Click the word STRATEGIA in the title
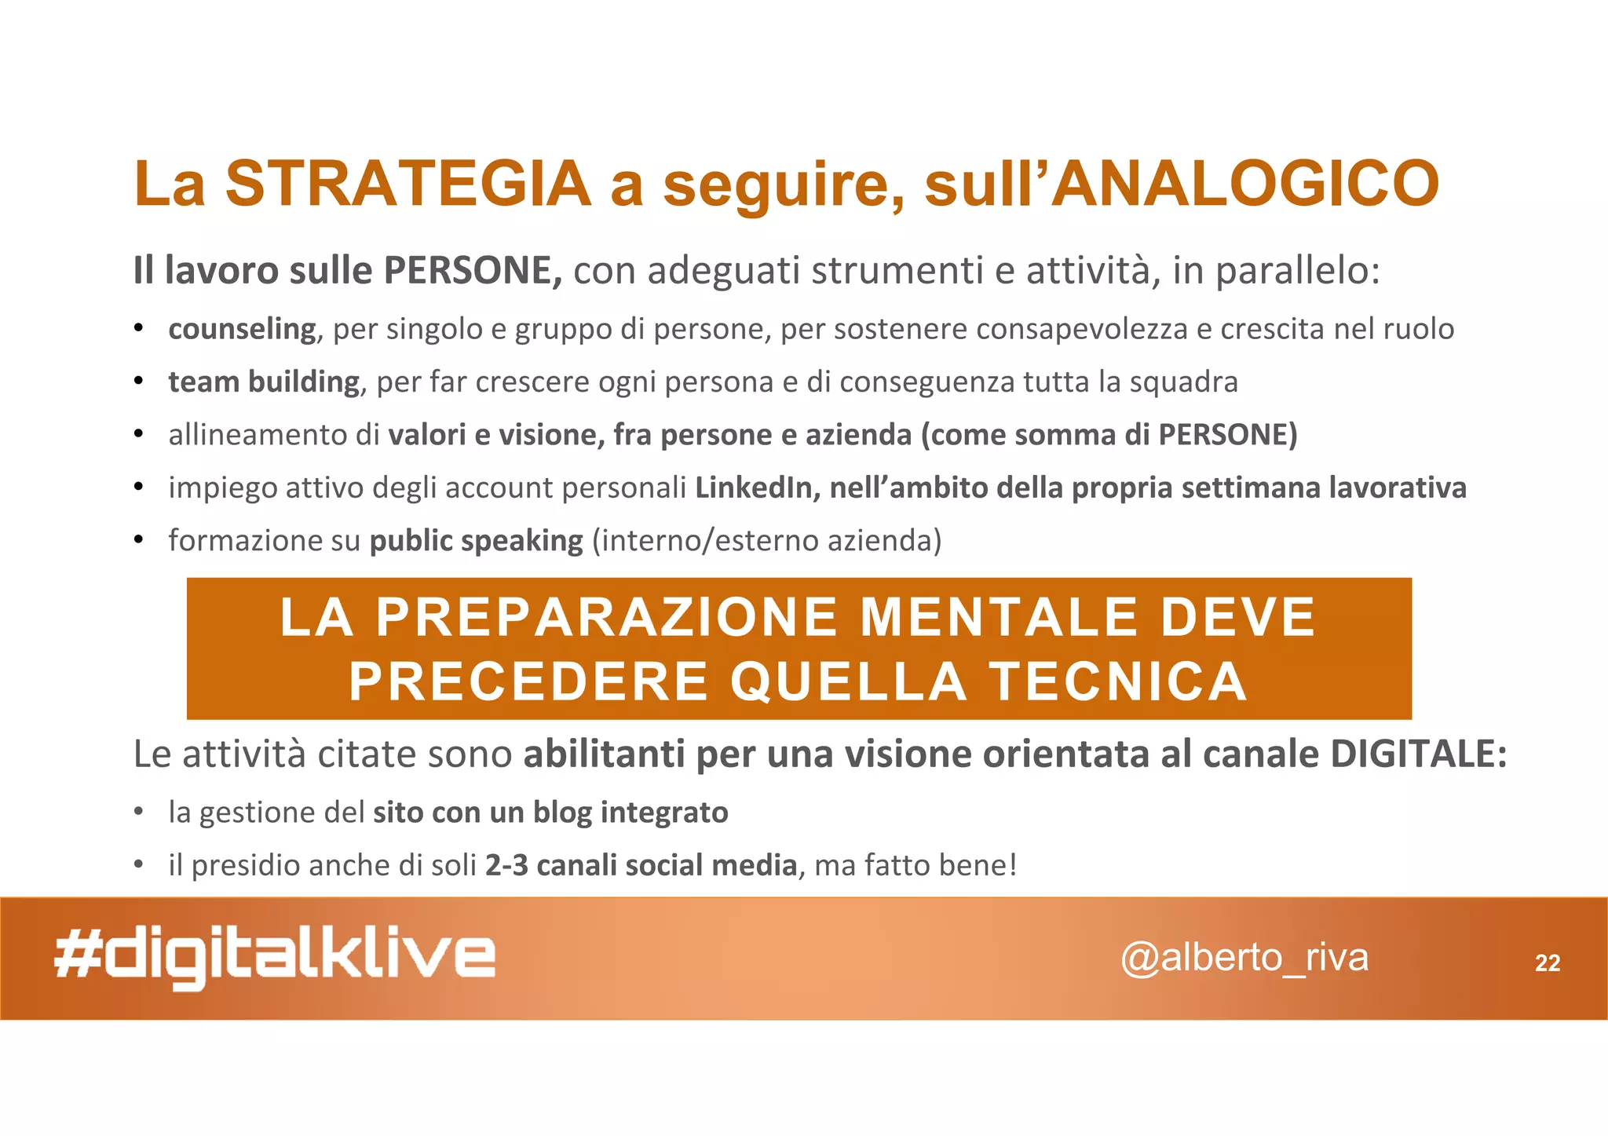point(408,184)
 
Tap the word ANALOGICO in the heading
point(1244,184)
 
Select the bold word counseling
point(242,329)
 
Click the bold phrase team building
point(264,382)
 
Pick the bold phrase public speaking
point(476,541)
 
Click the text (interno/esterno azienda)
point(766,541)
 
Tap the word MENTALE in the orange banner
point(1000,617)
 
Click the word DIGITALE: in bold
point(1418,754)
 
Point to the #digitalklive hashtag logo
point(275,959)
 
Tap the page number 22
point(1548,963)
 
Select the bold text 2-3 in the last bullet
point(506,866)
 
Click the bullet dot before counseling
point(138,329)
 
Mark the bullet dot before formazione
point(138,541)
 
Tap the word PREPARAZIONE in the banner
point(607,617)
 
